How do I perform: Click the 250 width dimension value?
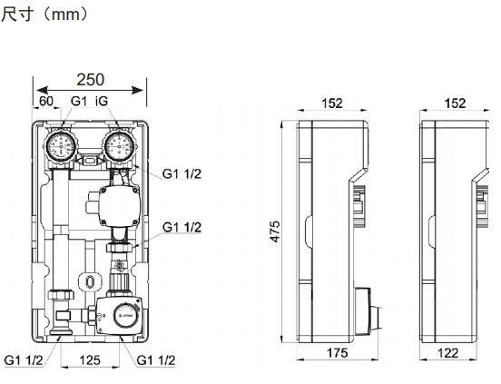point(91,80)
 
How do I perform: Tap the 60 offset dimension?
point(46,102)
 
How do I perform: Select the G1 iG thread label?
point(89,101)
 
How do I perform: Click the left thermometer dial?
point(61,147)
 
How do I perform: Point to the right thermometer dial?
point(119,147)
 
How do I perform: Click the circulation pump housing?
point(119,205)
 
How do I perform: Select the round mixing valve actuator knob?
point(127,316)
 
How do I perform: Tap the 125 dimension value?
point(90,360)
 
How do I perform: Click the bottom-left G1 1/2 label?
point(24,360)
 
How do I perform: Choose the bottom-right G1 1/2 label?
point(156,360)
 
